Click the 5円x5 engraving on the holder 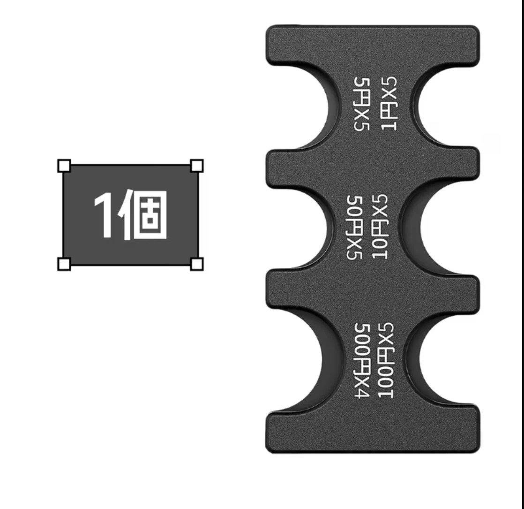pos(361,104)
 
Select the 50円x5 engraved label pos(354,228)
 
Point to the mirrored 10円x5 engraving pos(380,227)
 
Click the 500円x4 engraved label pos(361,360)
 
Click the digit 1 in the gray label pos(104,215)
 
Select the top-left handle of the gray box pos(64,166)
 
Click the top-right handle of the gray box pos(197,166)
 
